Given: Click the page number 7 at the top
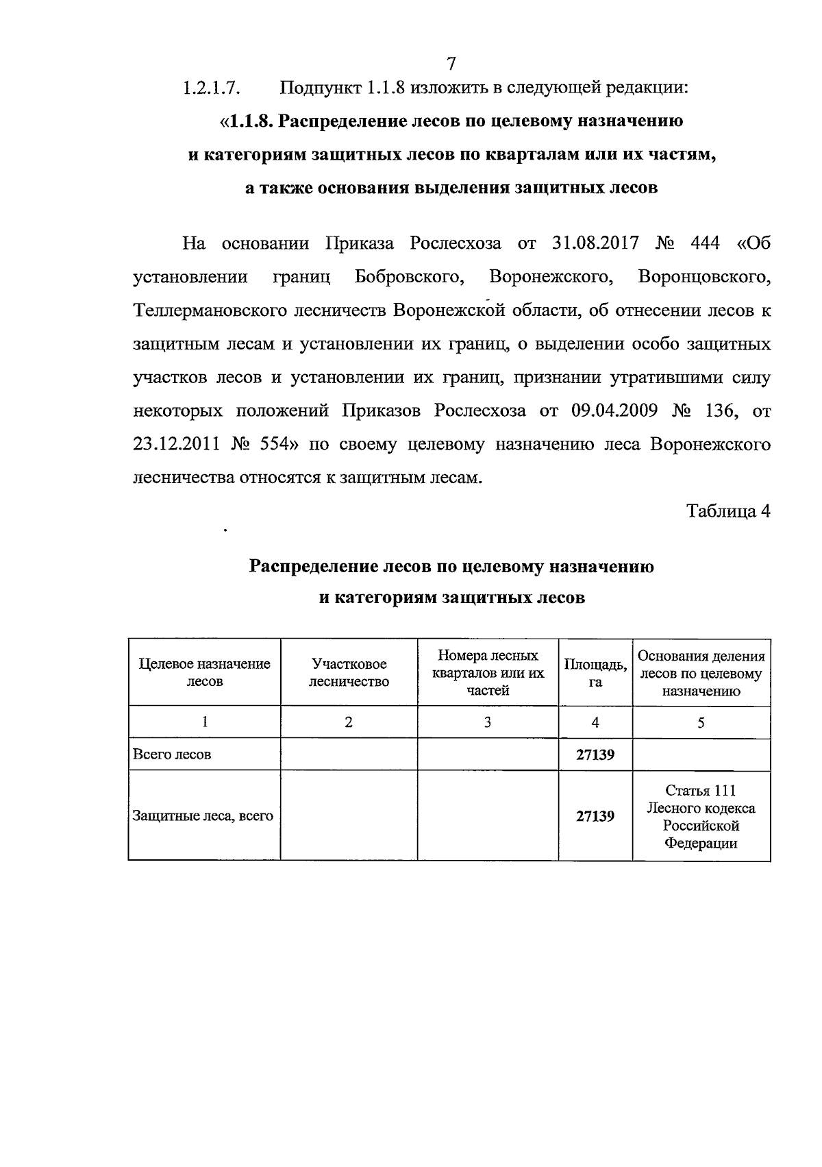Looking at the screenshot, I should pyautogui.click(x=451, y=64).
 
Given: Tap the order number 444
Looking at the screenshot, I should pyautogui.click(x=695, y=243).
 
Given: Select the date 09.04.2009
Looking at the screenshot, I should pyautogui.click(x=614, y=411).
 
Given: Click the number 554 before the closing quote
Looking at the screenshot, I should pyautogui.click(x=277, y=445).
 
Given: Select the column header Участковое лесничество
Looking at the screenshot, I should pyautogui.click(x=349, y=672).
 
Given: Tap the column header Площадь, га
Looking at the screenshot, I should pyautogui.click(x=595, y=672).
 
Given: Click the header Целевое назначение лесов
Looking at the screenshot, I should pyautogui.click(x=204, y=672).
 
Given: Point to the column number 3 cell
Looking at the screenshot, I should pyautogui.click(x=487, y=722).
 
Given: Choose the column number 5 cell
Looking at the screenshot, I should pyautogui.click(x=701, y=722).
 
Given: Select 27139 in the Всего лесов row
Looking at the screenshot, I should pyautogui.click(x=595, y=754).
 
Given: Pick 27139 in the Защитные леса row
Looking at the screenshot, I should pyautogui.click(x=595, y=816).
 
